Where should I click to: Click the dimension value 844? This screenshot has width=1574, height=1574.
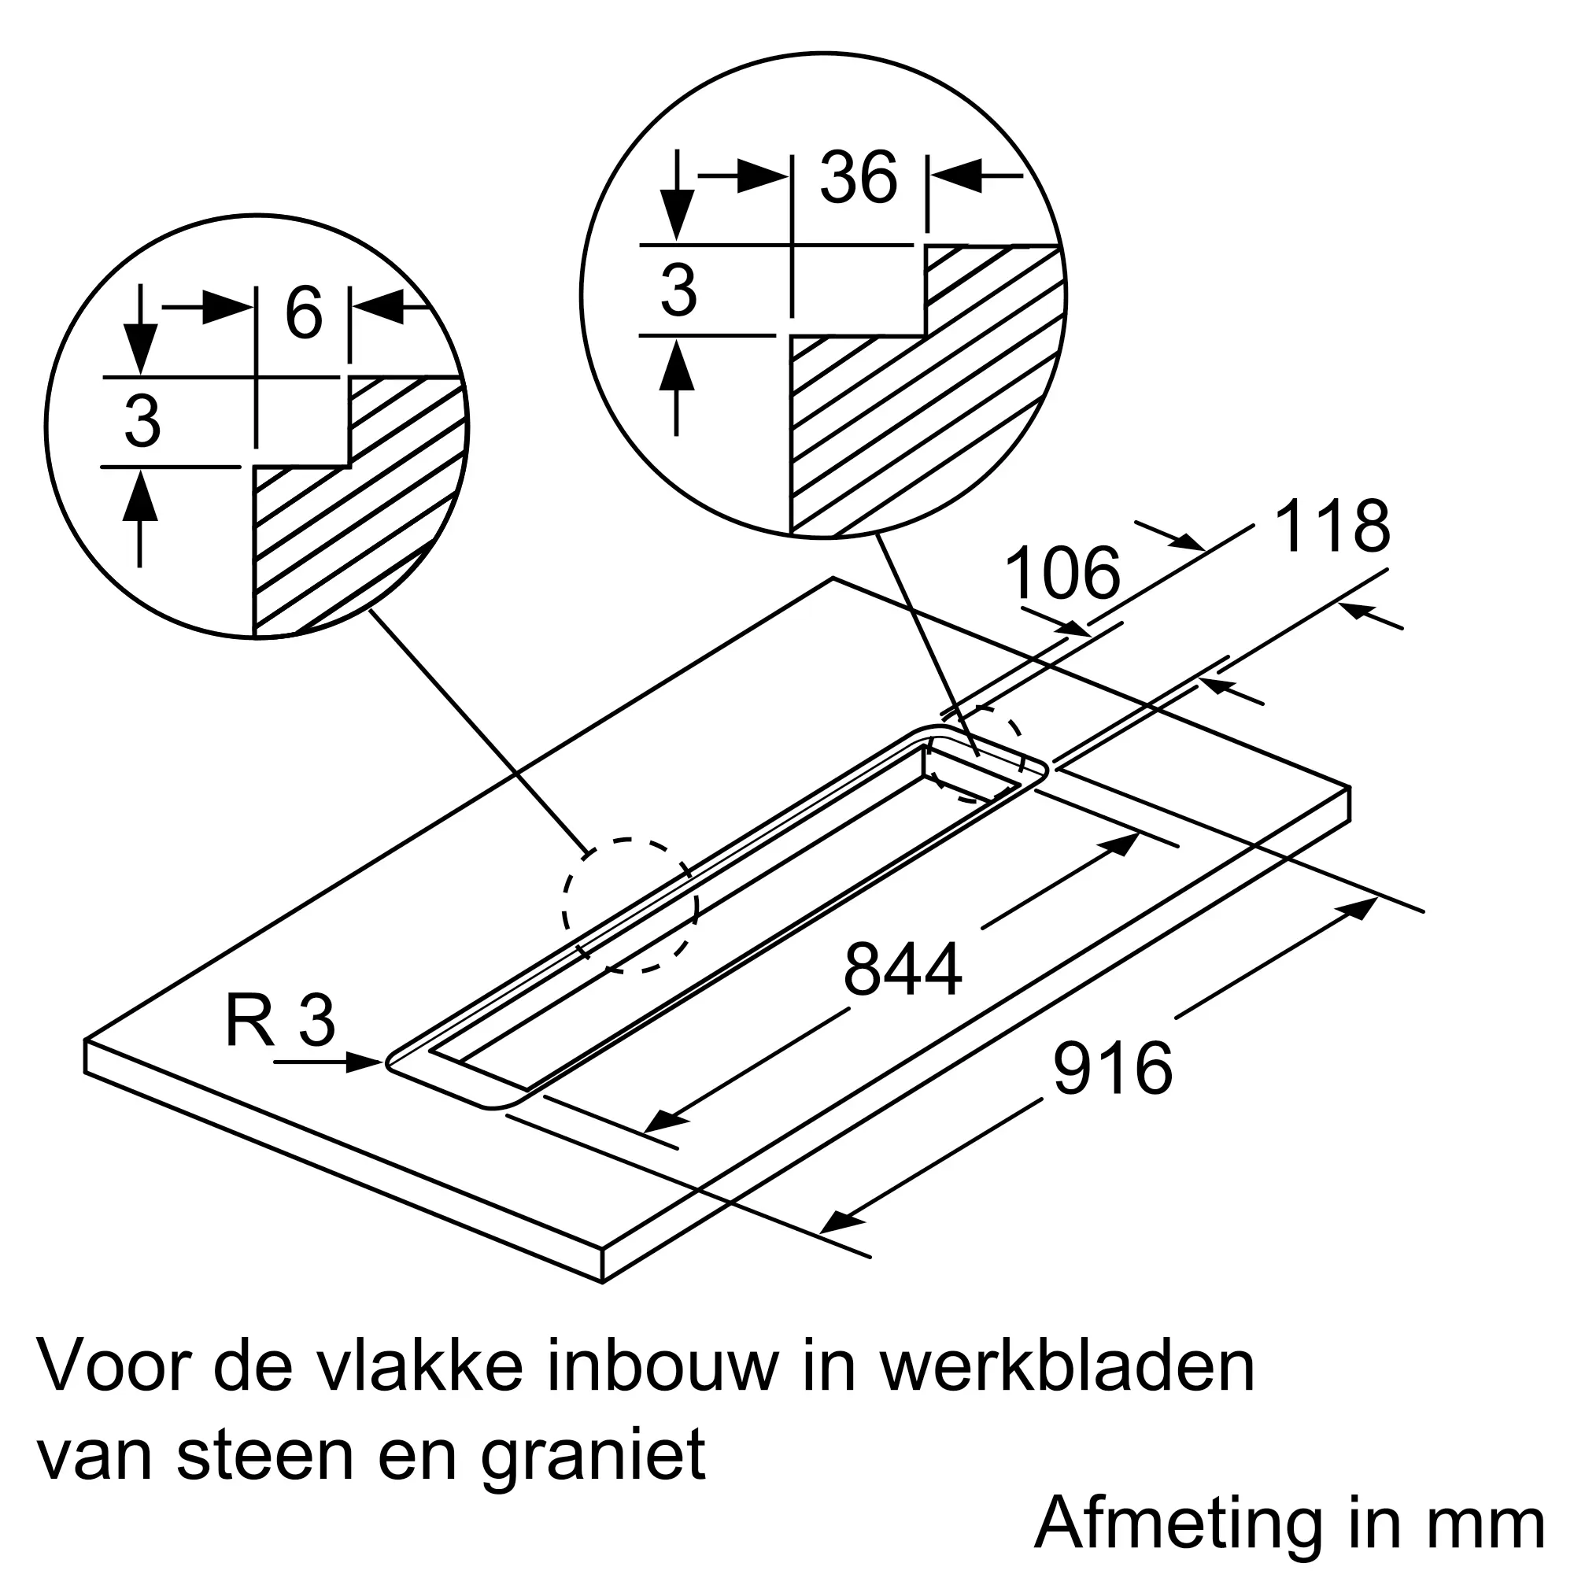(x=903, y=970)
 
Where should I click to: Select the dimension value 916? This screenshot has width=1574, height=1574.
(x=1113, y=1068)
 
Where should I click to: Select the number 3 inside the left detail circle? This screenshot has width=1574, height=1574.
(x=142, y=421)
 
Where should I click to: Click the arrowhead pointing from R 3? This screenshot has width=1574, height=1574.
(x=364, y=1062)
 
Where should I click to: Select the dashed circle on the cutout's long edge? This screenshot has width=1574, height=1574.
(x=630, y=905)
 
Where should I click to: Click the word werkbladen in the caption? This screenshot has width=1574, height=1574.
(x=1068, y=1369)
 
